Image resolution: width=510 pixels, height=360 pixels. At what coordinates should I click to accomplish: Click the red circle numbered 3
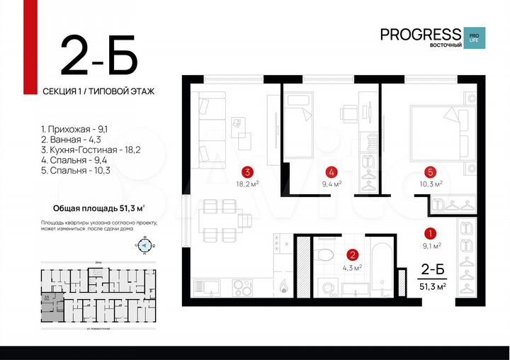[247, 171]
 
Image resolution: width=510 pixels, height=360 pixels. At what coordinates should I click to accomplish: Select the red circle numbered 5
[430, 171]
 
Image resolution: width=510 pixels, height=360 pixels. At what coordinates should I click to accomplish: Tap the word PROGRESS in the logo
[420, 34]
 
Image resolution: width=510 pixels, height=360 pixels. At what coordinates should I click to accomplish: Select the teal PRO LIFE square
[472, 38]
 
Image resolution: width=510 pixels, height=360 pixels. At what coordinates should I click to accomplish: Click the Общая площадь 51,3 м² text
[99, 208]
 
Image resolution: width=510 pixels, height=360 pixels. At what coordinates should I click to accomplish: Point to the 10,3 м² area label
[430, 184]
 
